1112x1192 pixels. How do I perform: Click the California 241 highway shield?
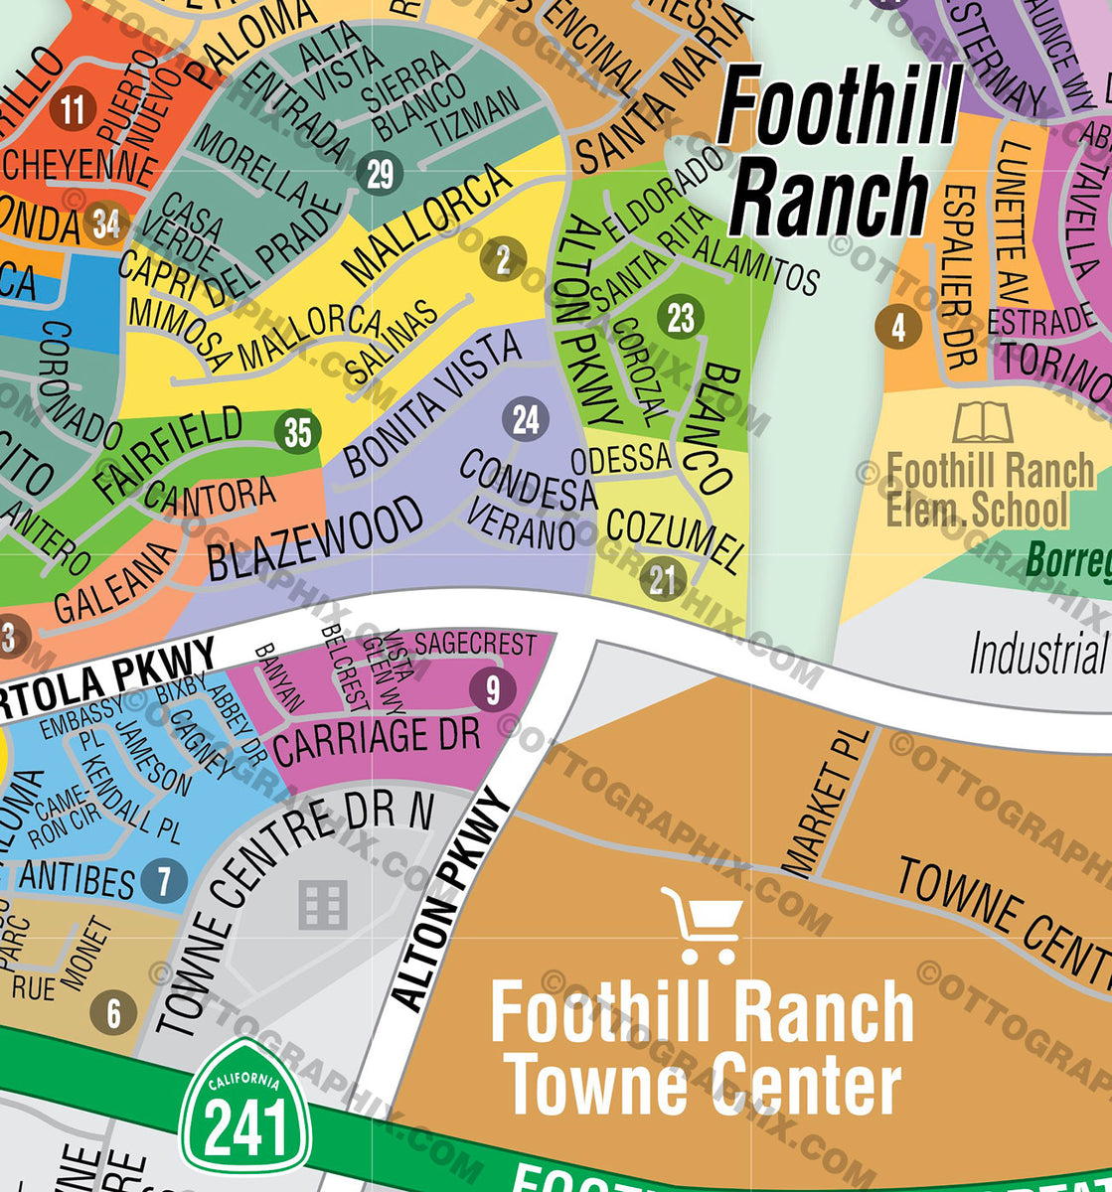pos(245,1106)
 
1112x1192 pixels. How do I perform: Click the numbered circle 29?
pos(381,175)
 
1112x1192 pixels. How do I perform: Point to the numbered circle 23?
pos(681,319)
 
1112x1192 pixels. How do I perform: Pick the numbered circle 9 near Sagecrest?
pos(493,689)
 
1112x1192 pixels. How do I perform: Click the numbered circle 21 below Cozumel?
pos(663,579)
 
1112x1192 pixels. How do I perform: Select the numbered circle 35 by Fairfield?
pos(298,432)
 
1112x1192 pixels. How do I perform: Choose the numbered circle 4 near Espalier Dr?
pos(898,327)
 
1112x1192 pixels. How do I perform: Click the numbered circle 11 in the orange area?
pos(73,108)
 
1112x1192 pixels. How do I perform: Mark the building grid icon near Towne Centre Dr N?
pos(324,905)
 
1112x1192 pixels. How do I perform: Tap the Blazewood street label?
pos(315,539)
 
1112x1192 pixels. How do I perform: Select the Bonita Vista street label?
pos(432,403)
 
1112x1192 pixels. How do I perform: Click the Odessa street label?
pos(621,459)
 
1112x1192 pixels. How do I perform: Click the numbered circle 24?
pos(526,420)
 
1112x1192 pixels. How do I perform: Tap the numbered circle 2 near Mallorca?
pos(503,260)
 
